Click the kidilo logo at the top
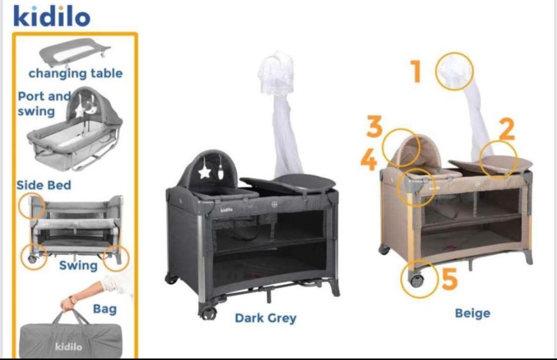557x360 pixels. [52, 16]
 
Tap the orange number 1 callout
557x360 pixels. [416, 71]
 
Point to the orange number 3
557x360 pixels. [374, 126]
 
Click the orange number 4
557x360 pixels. [369, 159]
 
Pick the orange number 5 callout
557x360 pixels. [449, 279]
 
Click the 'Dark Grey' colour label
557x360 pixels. [266, 318]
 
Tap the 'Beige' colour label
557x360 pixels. [473, 313]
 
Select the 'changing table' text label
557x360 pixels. [76, 74]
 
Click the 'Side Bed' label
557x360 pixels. [44, 185]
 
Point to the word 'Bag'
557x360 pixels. [105, 309]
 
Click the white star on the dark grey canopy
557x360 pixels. [205, 172]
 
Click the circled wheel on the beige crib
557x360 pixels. [417, 281]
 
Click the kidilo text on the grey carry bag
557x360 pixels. [69, 346]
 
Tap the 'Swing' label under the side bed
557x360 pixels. [78, 266]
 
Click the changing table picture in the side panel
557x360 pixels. [74, 52]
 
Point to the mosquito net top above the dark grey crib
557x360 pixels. [276, 73]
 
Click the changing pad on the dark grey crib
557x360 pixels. [288, 184]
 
